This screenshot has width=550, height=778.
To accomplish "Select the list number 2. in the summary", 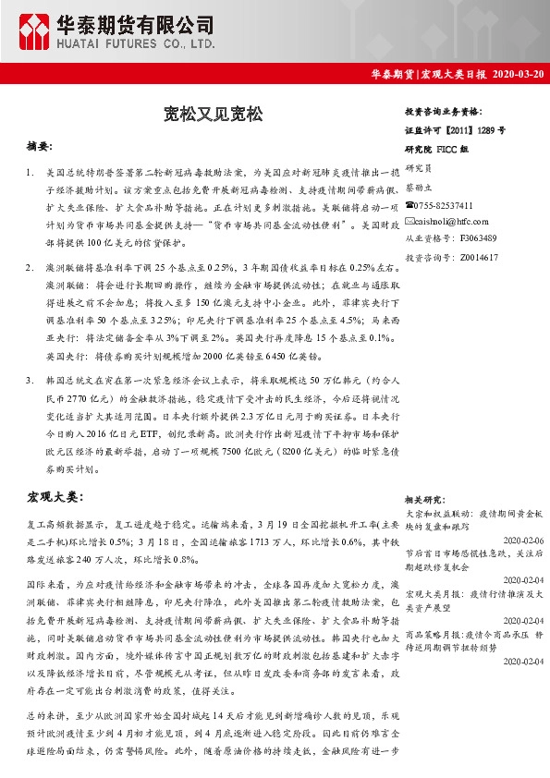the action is (32, 266).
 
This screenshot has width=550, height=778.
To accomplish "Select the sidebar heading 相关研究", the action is (426, 498).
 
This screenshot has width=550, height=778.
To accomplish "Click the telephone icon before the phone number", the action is (409, 205).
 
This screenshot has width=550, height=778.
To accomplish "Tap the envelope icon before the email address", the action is (409, 222).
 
